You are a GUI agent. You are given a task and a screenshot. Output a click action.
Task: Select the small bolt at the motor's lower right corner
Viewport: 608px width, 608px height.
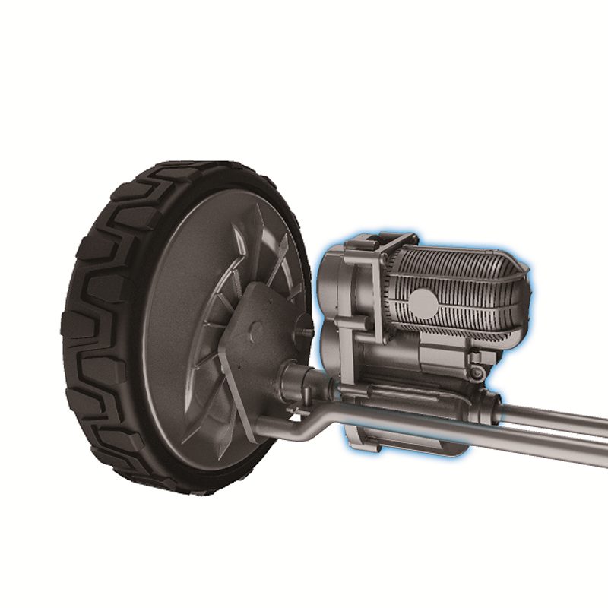tap(477, 373)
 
